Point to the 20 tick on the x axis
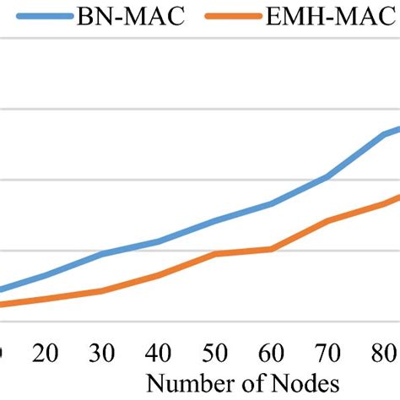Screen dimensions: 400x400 point(46,353)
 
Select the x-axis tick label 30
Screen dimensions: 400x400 point(102,353)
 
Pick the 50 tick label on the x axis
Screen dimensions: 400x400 point(215,353)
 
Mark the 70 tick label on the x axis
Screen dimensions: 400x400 point(327,353)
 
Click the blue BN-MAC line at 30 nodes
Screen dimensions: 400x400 point(102,254)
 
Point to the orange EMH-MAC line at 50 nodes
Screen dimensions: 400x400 point(215,254)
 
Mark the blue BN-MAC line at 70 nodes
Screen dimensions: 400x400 point(327,176)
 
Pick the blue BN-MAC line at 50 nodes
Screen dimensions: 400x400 point(215,221)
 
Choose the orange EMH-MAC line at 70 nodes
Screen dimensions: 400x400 point(327,221)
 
